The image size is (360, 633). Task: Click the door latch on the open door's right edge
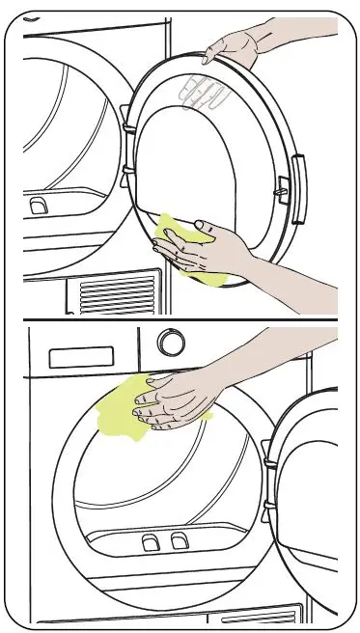284,186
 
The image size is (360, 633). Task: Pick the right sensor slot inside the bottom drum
178,542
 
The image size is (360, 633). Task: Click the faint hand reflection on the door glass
204,93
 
